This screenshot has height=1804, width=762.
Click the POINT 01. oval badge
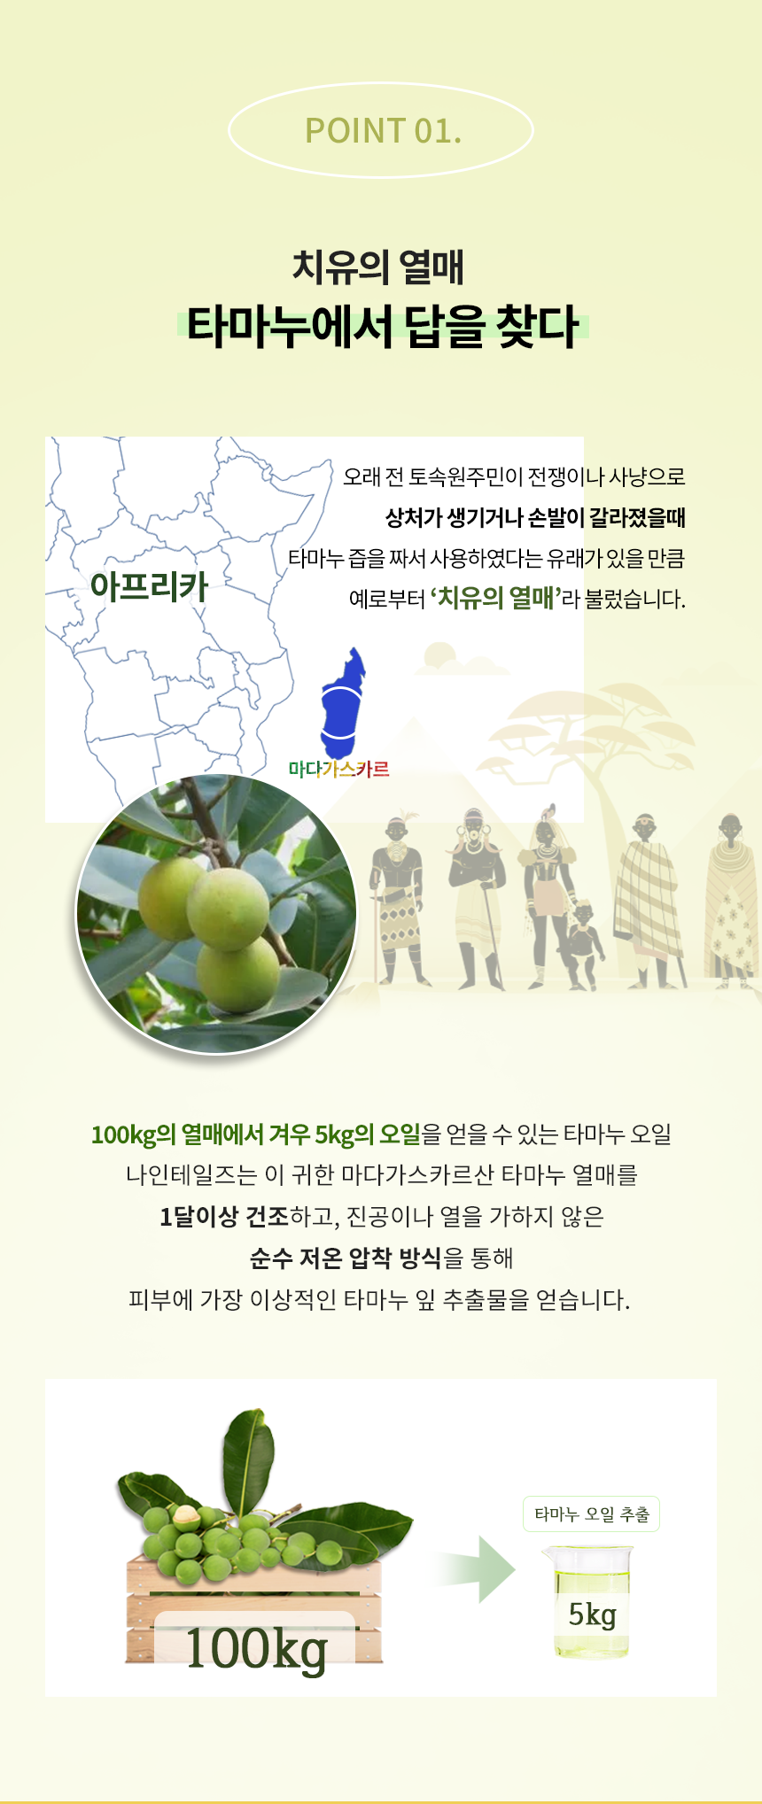pyautogui.click(x=381, y=130)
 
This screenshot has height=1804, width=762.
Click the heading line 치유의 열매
pyautogui.click(x=379, y=267)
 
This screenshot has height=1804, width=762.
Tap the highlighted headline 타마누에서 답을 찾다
pyautogui.click(x=382, y=327)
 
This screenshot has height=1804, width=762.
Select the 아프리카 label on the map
pyautogui.click(x=149, y=586)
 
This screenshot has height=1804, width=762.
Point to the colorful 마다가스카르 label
pyautogui.click(x=339, y=769)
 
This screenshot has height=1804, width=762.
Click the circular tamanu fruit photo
pyautogui.click(x=217, y=914)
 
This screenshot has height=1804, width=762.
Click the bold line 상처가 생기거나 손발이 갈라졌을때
pyautogui.click(x=535, y=517)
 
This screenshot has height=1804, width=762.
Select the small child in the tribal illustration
pyautogui.click(x=584, y=944)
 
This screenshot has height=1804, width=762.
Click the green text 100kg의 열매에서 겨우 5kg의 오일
pyautogui.click(x=255, y=1134)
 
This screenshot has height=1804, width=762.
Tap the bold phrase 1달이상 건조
pyautogui.click(x=224, y=1217)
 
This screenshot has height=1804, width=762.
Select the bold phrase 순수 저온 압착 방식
pyautogui.click(x=346, y=1258)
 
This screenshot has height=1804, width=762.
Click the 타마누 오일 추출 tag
pyautogui.click(x=591, y=1514)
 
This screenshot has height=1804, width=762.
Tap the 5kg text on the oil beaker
pyautogui.click(x=592, y=1614)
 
